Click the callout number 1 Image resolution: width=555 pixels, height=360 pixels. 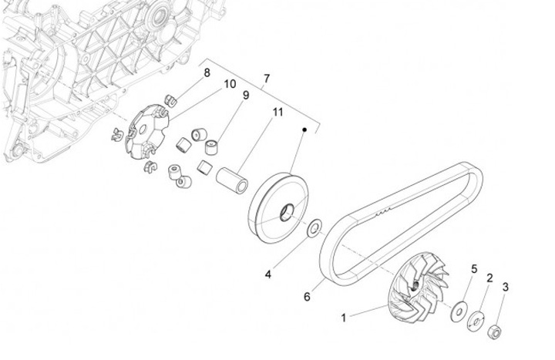pos(345,316)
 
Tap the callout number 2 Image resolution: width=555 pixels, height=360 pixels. pos(489,277)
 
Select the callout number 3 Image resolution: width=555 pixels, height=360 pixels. pos(506,287)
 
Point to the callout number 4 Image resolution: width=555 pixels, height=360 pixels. pos(269,273)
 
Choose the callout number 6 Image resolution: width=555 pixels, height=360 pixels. pos(307,295)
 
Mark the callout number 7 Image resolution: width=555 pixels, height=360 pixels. pos(267,79)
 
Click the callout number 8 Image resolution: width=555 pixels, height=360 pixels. pos(207,72)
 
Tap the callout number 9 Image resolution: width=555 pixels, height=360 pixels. pos(246,96)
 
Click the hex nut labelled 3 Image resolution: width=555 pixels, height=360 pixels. pos(496,333)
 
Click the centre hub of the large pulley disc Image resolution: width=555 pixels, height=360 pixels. pos(286,211)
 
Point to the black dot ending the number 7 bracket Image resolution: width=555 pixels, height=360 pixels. pos(306,130)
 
